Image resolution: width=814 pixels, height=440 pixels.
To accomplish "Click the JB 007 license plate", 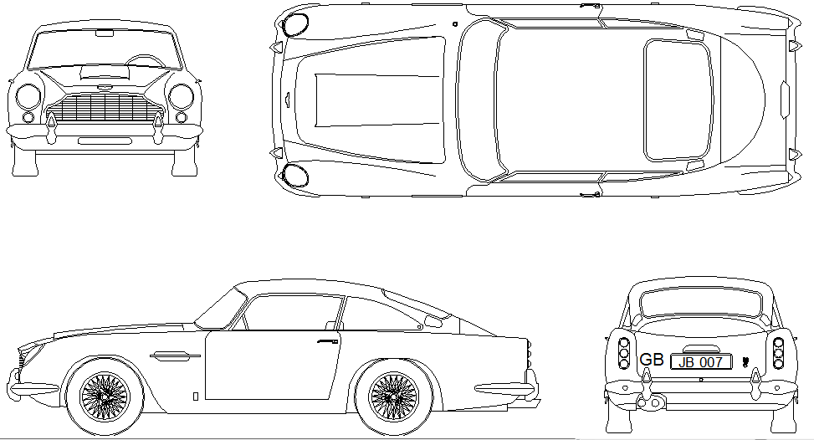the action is (x=700, y=361).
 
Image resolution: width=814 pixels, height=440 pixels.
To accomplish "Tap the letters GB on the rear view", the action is (x=651, y=360).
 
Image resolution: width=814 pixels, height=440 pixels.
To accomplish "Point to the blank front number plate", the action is (x=104, y=141).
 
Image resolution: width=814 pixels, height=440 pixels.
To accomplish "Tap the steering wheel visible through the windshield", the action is (x=146, y=61).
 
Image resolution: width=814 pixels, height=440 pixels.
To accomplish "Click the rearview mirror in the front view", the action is (x=105, y=33).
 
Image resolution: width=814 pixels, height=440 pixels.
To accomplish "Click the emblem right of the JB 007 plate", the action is (x=744, y=364).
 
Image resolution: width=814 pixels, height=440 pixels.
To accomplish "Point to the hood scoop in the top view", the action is (x=377, y=100).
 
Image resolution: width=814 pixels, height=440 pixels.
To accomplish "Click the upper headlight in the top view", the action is (x=295, y=23).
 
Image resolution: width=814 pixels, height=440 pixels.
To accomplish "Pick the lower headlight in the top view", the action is (x=295, y=174).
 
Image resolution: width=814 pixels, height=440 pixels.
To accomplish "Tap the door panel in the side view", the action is (x=268, y=368).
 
